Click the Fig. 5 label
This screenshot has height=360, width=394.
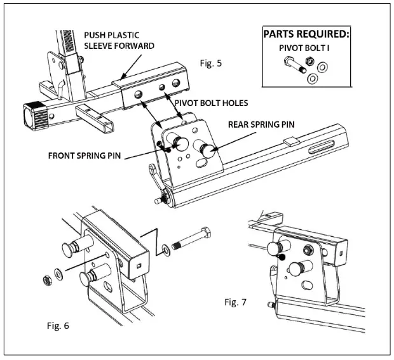coord(211,63)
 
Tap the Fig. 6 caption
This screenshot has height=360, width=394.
coord(58,326)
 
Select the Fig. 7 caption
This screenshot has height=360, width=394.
coord(235,302)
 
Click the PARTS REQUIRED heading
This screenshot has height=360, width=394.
coord(306,34)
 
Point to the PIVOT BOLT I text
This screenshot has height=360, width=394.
coord(304,48)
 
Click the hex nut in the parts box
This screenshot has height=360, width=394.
coord(309,61)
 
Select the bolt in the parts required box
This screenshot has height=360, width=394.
coord(295,65)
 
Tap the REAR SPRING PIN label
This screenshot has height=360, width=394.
coord(261,124)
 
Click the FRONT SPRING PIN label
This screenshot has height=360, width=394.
coord(85,156)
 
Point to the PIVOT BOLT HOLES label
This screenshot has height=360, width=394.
coord(211,103)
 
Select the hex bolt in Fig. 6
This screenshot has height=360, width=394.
coord(191,238)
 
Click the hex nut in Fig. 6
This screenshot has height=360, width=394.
coord(48,280)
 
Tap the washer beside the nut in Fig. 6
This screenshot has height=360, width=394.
coord(59,275)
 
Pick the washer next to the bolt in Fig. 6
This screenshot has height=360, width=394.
coord(166,250)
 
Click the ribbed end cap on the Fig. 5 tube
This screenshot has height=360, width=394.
coord(35,116)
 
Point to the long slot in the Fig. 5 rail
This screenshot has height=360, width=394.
coord(322,147)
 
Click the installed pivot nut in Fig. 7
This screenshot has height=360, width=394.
coord(308,250)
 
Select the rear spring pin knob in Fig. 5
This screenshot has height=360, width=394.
coord(208,151)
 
